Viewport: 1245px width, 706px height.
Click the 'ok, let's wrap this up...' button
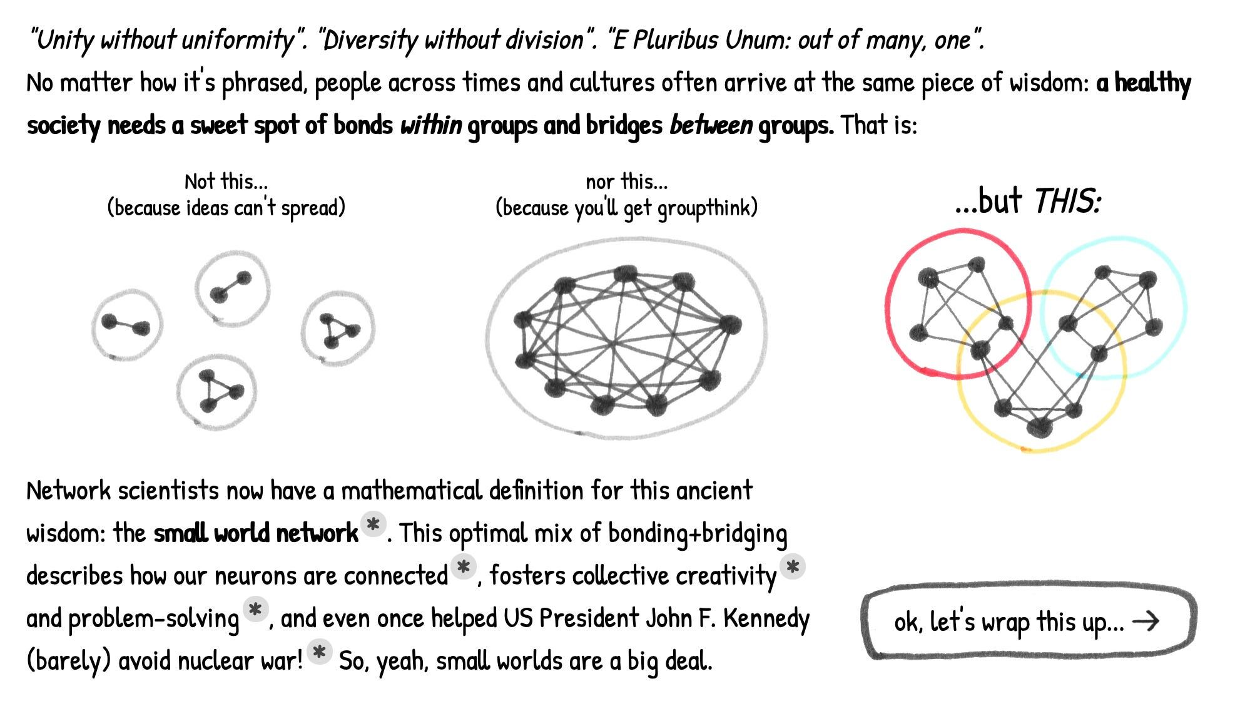[1028, 622]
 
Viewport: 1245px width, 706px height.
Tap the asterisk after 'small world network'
[373, 524]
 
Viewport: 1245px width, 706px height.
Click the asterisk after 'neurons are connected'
[464, 567]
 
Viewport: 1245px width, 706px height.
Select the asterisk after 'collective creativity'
[792, 567]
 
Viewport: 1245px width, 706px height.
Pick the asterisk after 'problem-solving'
[255, 609]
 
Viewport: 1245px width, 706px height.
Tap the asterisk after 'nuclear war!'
[319, 652]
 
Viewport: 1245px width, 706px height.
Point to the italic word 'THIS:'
[1067, 202]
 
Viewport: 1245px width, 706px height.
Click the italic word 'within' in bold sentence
[431, 125]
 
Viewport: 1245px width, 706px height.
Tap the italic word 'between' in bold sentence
[711, 125]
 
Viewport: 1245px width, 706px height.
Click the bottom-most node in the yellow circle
[1039, 427]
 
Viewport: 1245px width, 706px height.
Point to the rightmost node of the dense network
[729, 325]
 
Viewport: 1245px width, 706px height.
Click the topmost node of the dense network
[625, 274]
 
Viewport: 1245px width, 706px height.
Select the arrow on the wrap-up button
[1146, 621]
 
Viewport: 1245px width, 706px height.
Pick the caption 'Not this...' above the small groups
[226, 182]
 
